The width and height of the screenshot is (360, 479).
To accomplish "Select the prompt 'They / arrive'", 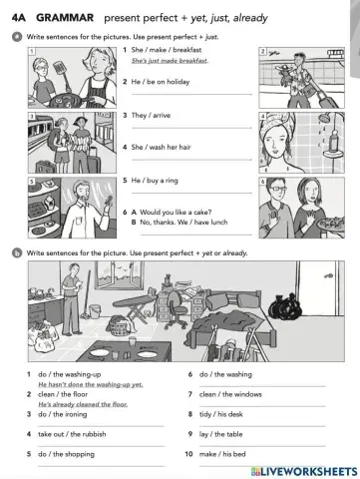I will coord(157,115).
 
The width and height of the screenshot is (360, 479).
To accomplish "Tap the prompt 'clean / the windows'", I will coord(232,393).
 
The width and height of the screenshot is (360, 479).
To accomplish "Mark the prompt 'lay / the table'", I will coord(225,434).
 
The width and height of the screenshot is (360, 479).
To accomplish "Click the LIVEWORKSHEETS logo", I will coord(311,468).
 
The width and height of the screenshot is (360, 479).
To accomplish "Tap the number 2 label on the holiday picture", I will coord(261,50).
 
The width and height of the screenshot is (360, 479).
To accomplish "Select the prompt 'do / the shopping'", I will coord(71,454).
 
